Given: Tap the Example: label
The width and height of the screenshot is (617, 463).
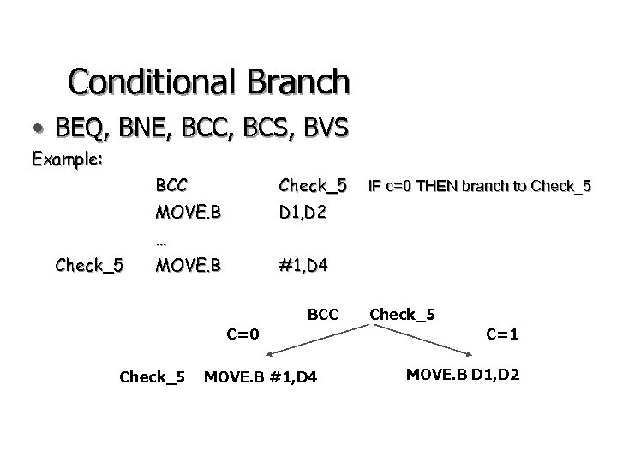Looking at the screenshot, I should pos(68,159).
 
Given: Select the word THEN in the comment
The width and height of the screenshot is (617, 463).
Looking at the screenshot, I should pos(440,185).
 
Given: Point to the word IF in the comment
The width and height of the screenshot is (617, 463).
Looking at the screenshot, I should pos(374,185).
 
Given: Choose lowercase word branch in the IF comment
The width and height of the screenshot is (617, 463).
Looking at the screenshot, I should pos(488,185).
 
